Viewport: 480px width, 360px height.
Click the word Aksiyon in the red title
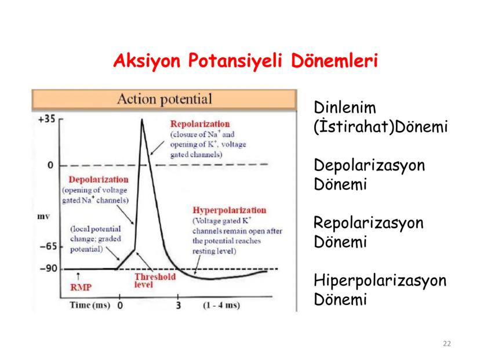pyautogui.click(x=147, y=61)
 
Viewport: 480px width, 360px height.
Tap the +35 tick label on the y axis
pyautogui.click(x=46, y=119)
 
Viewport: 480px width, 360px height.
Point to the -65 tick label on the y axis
pyautogui.click(x=49, y=246)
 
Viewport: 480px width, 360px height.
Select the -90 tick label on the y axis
pyautogui.click(x=49, y=268)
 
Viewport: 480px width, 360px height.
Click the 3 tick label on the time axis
pyautogui.click(x=179, y=306)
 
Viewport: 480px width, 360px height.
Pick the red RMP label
pyautogui.click(x=81, y=288)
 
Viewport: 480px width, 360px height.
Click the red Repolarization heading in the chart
pyautogui.click(x=200, y=124)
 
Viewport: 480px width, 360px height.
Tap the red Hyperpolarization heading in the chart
pyautogui.click(x=230, y=210)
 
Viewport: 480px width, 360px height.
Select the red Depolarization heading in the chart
pyautogui.click(x=99, y=179)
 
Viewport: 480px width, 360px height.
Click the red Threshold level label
pyautogui.click(x=155, y=281)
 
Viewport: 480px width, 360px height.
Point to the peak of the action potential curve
pyautogui.click(x=141, y=119)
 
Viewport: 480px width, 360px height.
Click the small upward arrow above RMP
pyautogui.click(x=78, y=276)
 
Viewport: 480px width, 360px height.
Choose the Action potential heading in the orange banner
pyautogui.click(x=165, y=99)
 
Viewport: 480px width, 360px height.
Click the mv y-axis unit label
pyautogui.click(x=43, y=217)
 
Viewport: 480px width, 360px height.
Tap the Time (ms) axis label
pyautogui.click(x=90, y=305)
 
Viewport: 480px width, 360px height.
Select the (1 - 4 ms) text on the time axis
pyautogui.click(x=221, y=305)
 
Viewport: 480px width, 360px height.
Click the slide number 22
pyautogui.click(x=446, y=344)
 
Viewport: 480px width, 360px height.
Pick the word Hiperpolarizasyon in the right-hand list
pyautogui.click(x=380, y=281)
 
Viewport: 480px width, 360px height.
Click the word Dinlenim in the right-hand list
pyautogui.click(x=345, y=107)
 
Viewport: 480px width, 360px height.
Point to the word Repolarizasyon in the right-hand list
pyautogui.click(x=369, y=223)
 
